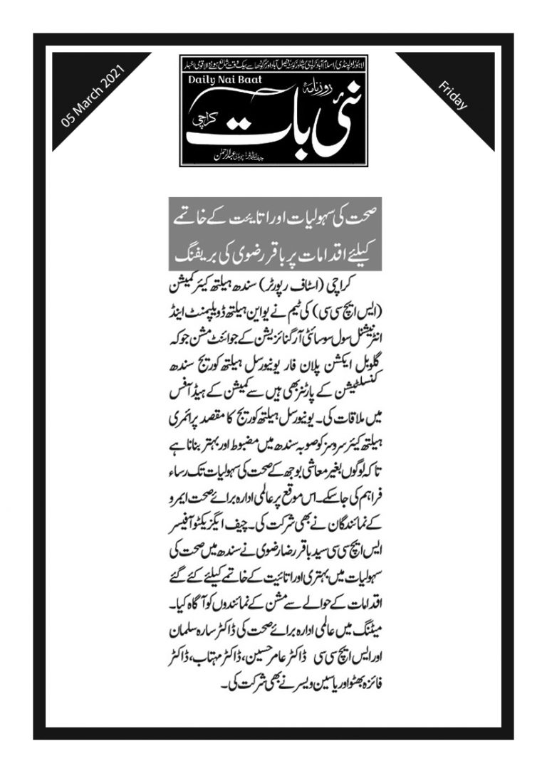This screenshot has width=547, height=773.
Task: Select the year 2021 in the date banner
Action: pos(113,81)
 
